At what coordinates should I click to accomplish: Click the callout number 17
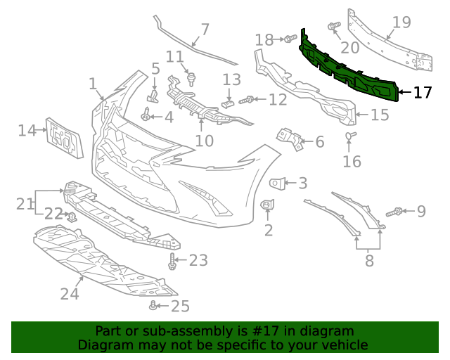[x=423, y=92]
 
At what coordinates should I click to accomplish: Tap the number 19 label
[x=401, y=22]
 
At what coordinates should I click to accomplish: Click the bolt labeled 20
[x=334, y=27]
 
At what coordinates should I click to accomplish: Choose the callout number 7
[x=205, y=30]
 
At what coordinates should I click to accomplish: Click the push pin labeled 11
[x=191, y=73]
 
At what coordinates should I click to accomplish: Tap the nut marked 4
[x=146, y=116]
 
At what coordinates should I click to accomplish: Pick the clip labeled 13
[x=226, y=103]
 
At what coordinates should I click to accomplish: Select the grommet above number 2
[x=267, y=205]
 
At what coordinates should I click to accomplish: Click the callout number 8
[x=369, y=262]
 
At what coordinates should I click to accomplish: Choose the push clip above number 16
[x=350, y=135]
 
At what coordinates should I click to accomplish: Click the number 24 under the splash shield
[x=70, y=293]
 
